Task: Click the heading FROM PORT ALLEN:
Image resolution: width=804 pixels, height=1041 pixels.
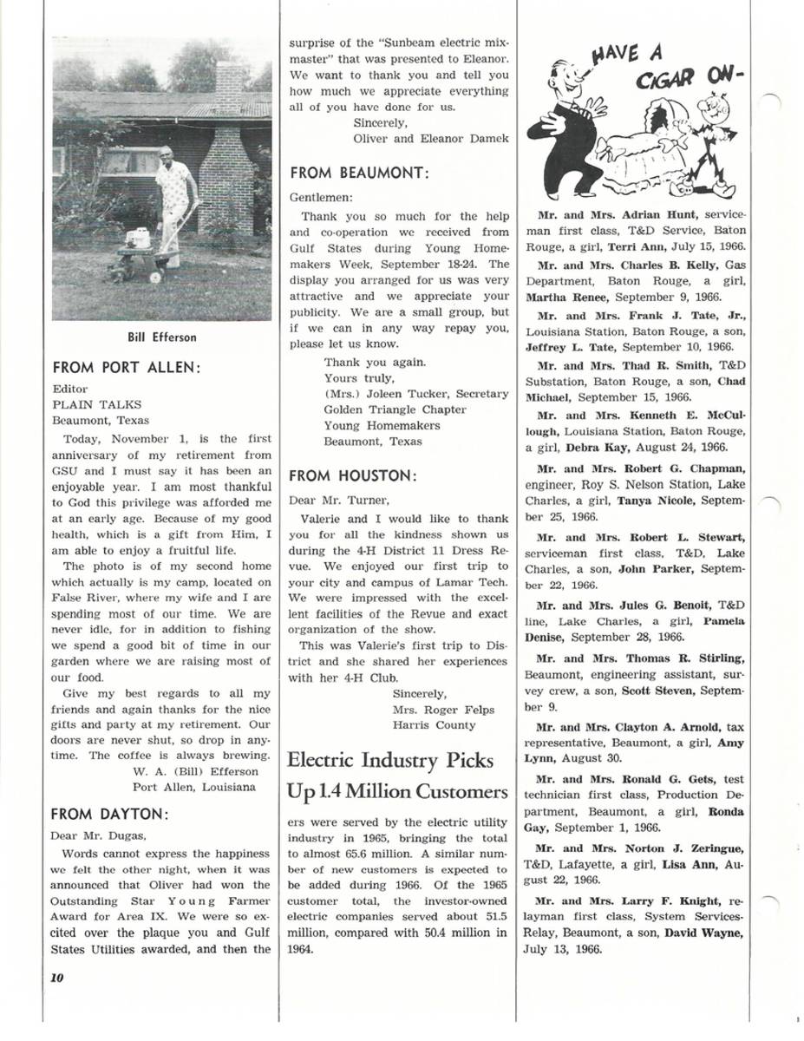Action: [127, 367]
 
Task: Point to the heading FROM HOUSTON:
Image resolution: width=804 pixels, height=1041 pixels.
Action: [353, 475]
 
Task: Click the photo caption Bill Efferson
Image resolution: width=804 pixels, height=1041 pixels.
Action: [162, 337]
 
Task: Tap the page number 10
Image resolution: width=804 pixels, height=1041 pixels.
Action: [58, 977]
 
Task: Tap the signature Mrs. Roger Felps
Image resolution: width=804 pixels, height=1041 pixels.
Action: [443, 710]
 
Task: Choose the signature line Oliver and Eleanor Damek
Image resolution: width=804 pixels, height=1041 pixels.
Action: [430, 139]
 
